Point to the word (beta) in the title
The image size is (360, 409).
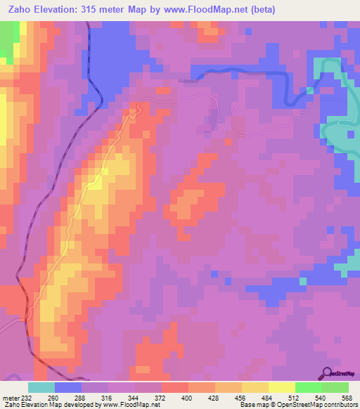tap(259, 9)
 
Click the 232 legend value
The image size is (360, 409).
tap(28, 398)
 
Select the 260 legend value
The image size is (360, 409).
tap(55, 398)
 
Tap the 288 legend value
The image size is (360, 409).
tap(82, 398)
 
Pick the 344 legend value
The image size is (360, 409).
tap(135, 398)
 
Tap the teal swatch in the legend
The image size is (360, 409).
tap(41, 387)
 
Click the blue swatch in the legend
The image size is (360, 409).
tap(68, 387)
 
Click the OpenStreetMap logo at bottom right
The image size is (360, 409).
tap(337, 375)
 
